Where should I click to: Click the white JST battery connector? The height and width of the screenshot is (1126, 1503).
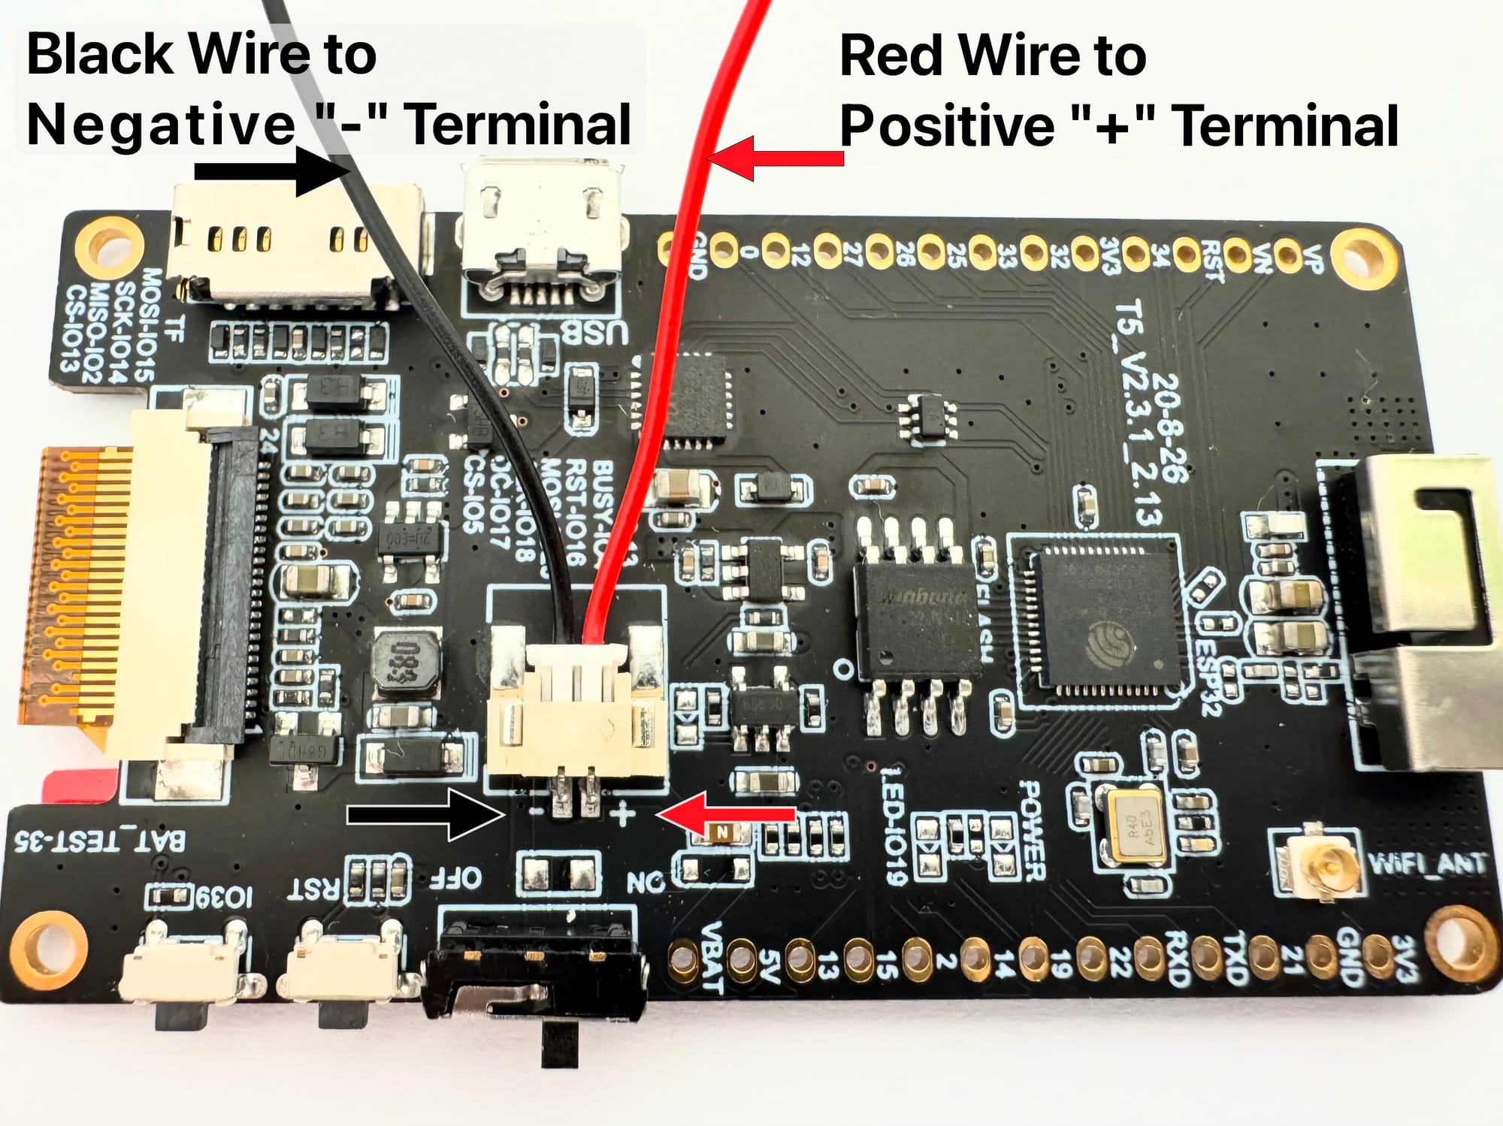(576, 714)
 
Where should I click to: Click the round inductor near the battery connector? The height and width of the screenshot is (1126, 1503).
(406, 662)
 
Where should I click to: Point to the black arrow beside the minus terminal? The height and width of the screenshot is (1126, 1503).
(425, 814)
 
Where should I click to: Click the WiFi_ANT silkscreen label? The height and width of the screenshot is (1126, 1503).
(1427, 864)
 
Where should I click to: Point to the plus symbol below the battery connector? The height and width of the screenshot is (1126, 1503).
(622, 814)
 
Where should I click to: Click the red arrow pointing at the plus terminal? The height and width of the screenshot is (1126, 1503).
(726, 814)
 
